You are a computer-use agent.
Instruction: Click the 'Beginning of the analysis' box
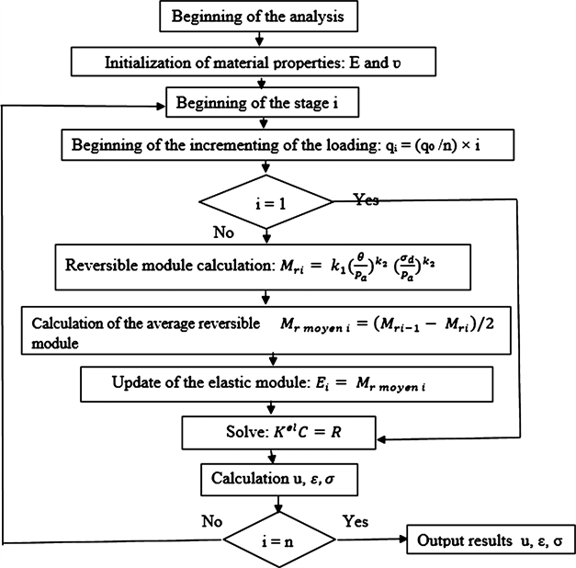point(263,17)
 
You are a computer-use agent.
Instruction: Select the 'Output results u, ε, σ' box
point(491,539)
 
